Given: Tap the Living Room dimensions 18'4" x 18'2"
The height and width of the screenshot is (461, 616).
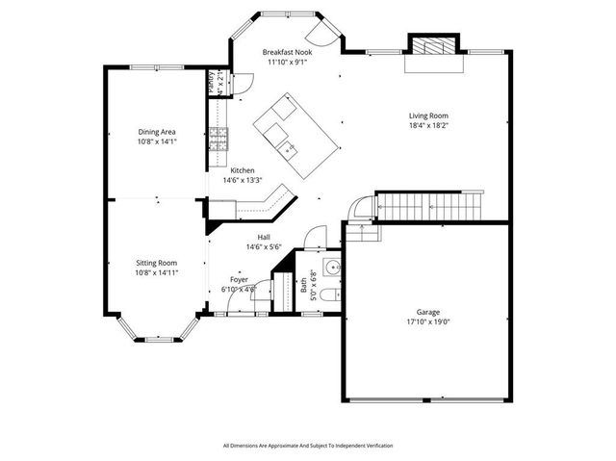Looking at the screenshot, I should [428, 125].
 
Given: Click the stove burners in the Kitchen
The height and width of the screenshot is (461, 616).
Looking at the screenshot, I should [218, 141].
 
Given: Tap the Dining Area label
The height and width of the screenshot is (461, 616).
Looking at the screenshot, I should [156, 132].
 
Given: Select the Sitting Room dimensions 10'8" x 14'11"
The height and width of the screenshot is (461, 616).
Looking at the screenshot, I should [156, 272].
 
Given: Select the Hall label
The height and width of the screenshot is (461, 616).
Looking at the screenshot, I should [263, 238].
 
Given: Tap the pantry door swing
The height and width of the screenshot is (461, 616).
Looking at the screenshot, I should [242, 81].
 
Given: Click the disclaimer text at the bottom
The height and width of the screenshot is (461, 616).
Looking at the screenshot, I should [307, 446].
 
